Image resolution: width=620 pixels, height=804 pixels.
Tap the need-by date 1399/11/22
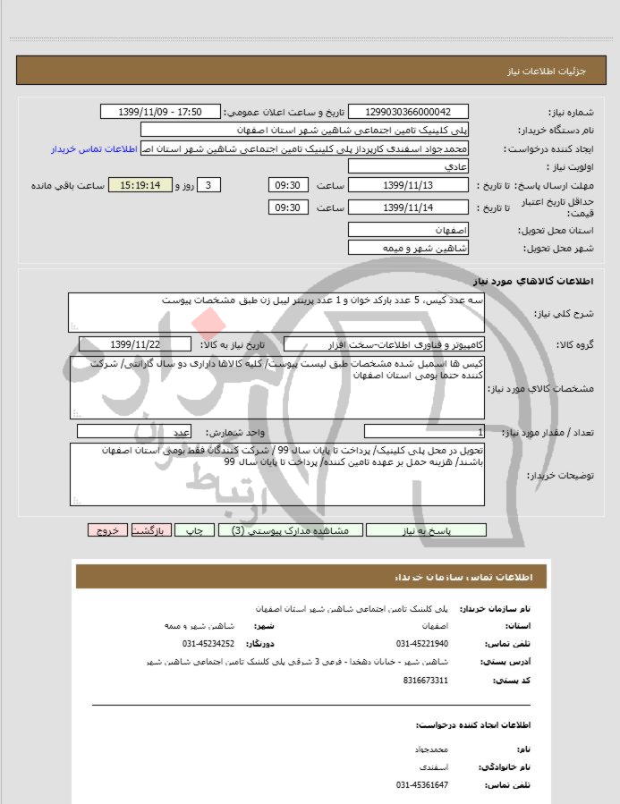pyautogui.click(x=135, y=343)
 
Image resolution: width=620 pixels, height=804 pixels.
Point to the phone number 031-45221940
pyautogui.click(x=422, y=643)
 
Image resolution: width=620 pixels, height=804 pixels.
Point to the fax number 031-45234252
pyautogui.click(x=208, y=643)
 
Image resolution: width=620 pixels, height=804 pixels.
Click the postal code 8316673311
pyautogui.click(x=427, y=681)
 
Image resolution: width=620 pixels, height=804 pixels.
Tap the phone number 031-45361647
pyautogui.click(x=422, y=784)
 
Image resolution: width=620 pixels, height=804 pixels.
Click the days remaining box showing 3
pyautogui.click(x=208, y=185)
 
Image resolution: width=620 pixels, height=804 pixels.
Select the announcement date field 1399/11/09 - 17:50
pyautogui.click(x=160, y=112)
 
